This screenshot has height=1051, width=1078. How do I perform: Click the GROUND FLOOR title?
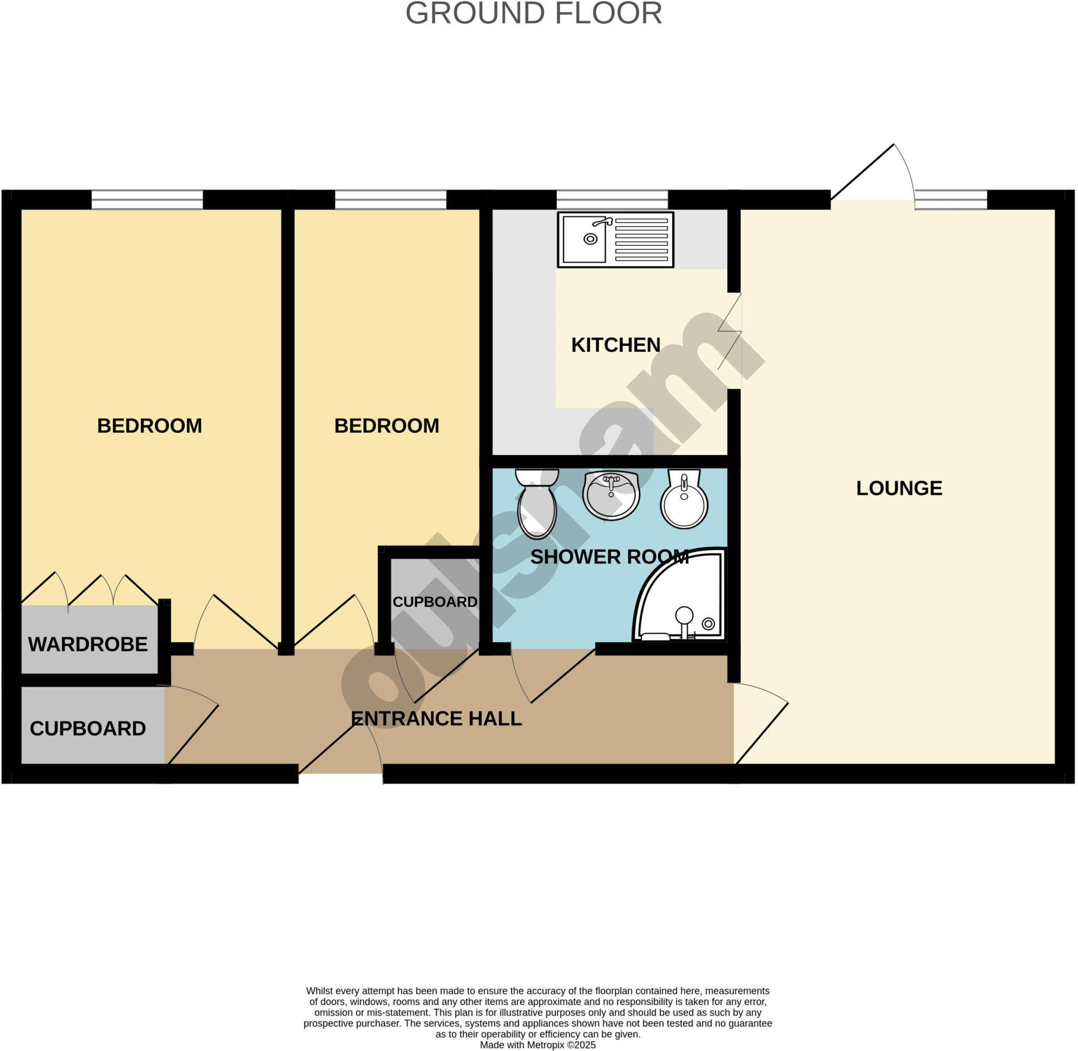(534, 13)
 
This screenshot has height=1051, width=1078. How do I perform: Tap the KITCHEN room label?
(616, 345)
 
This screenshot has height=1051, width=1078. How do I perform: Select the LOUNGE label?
(899, 488)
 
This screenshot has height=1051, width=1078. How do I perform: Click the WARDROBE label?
(88, 644)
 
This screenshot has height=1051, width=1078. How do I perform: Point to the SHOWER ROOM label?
(609, 557)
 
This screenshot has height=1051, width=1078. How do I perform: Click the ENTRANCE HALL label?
(436, 719)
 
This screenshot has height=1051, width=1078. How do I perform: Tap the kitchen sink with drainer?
(615, 240)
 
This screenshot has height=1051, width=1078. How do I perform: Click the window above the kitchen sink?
(612, 199)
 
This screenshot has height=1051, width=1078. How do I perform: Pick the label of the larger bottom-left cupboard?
(88, 729)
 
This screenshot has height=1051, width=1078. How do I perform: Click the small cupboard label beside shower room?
(435, 602)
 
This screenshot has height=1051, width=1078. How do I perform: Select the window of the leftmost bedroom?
(147, 199)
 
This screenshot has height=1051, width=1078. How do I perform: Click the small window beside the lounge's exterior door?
(951, 199)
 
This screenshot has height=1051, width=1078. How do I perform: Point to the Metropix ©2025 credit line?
(537, 1045)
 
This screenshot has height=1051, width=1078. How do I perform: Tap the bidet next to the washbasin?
(684, 499)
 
